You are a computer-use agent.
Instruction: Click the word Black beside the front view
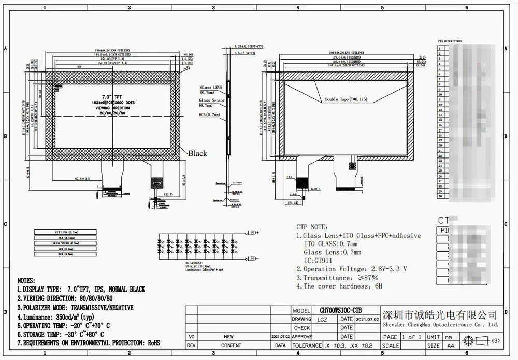pyautogui.click(x=197, y=153)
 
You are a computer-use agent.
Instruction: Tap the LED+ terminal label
pyautogui.click(x=253, y=233)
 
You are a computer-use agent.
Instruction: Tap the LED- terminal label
pyautogui.click(x=253, y=258)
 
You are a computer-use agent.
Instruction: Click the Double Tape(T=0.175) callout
pyautogui.click(x=346, y=99)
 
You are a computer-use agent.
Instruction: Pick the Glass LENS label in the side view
pyautogui.click(x=210, y=88)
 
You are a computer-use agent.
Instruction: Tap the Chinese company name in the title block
pyautogui.click(x=440, y=315)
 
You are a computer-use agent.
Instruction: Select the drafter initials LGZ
pyautogui.click(x=322, y=320)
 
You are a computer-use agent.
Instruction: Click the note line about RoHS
pyautogui.click(x=89, y=343)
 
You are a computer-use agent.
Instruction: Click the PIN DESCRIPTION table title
pyautogui.click(x=449, y=41)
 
